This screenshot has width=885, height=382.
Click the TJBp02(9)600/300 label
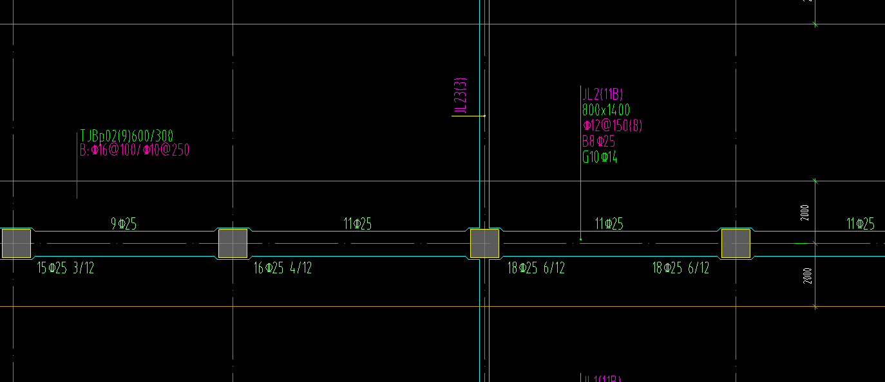[x=126, y=136]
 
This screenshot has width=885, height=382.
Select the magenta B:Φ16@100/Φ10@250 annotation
[x=134, y=150]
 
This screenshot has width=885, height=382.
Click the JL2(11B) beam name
[x=602, y=95]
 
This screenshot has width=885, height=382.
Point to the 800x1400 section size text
[x=605, y=110]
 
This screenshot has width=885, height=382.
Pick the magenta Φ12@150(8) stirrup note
[x=612, y=125]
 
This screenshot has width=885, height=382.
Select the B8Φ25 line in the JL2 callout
[x=598, y=141]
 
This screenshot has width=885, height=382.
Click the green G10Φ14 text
[x=600, y=157]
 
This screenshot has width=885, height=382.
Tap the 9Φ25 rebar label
[x=124, y=224]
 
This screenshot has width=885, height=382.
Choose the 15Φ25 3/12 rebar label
[x=66, y=268]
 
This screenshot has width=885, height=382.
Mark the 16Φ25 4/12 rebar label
[x=283, y=268]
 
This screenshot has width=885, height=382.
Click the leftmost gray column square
[x=16, y=243]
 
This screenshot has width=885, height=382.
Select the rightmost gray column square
[x=735, y=243]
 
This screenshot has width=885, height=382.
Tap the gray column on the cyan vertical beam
[x=484, y=243]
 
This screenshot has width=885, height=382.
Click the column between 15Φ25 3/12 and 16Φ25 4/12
[x=233, y=243]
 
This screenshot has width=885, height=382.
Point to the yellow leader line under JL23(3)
[x=468, y=116]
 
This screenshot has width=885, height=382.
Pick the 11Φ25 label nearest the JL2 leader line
[x=609, y=224]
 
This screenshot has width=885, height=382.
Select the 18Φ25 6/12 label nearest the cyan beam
[x=536, y=268]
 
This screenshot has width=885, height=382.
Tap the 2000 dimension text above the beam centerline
[x=805, y=213]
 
